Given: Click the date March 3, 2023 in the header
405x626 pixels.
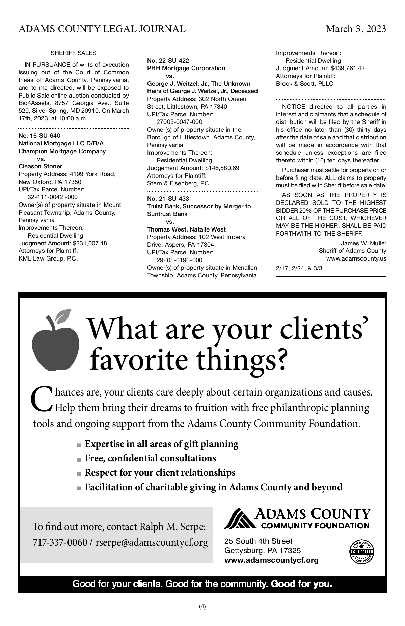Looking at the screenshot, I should [356, 29].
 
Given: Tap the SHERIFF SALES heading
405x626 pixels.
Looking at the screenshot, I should [73, 53].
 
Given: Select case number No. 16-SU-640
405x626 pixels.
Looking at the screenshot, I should [39, 136].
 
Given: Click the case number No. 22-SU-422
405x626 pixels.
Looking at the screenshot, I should [168, 61].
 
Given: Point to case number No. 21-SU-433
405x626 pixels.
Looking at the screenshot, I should [168, 198].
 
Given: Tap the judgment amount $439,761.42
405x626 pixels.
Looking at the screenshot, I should [348, 68].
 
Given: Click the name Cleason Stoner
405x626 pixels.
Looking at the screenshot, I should [40, 166].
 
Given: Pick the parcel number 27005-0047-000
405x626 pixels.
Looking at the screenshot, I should [180, 122].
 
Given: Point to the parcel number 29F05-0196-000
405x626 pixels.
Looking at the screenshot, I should [180, 260].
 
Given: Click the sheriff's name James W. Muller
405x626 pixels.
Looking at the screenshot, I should [363, 243].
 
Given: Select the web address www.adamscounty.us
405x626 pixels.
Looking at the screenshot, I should [356, 259].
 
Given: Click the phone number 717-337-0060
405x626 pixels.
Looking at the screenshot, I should [60, 542].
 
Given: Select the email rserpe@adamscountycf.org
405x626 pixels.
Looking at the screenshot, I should [152, 542].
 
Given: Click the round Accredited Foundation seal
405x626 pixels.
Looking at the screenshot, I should [361, 552].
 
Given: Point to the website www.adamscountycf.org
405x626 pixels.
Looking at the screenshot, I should [271, 560].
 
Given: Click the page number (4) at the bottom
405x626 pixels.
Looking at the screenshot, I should [202, 606].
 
